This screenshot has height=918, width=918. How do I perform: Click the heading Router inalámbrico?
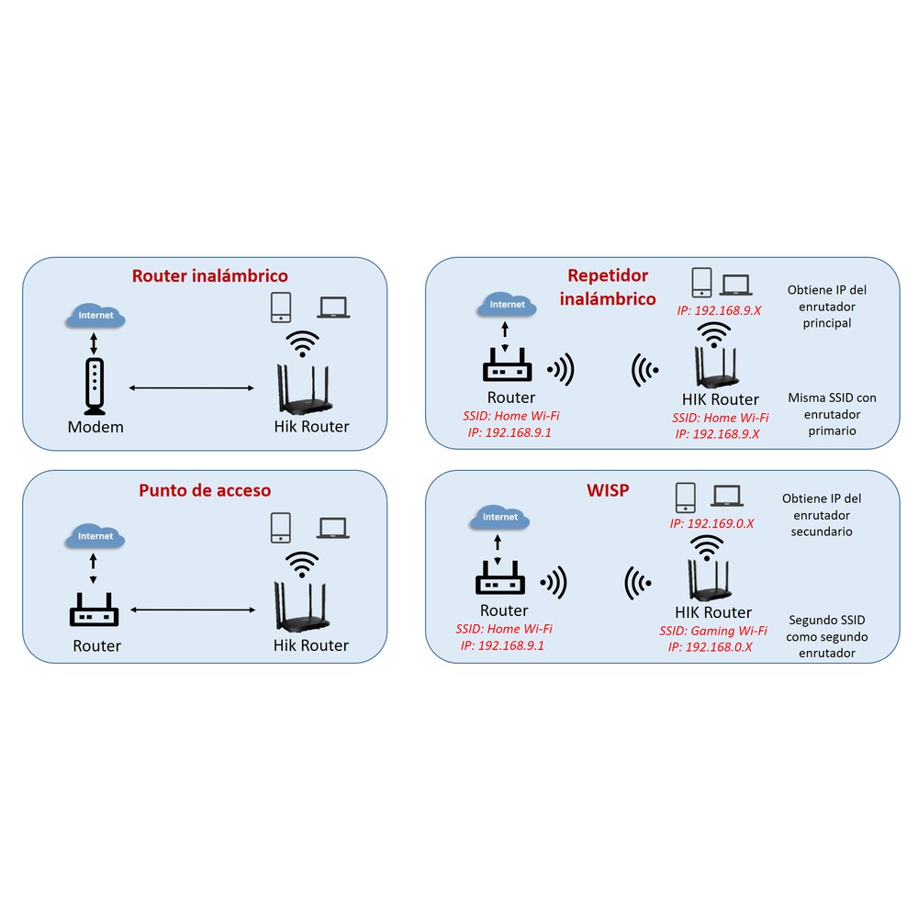[x=209, y=275]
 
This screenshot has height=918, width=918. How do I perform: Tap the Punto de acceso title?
[x=205, y=490]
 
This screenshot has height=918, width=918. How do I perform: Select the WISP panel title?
[x=608, y=490]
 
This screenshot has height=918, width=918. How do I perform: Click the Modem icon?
[x=95, y=386]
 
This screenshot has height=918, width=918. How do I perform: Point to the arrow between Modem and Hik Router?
[x=192, y=387]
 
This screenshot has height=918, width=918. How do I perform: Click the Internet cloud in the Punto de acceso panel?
[x=95, y=536]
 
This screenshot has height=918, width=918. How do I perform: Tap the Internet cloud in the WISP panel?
[x=499, y=518]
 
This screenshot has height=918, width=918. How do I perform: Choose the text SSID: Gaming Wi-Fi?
[x=713, y=631]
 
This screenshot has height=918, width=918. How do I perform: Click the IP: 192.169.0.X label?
[x=712, y=523]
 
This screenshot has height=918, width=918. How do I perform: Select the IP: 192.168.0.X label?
[x=711, y=647]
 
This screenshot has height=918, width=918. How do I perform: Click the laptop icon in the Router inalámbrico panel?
[x=333, y=308]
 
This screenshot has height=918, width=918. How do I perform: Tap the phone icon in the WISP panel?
[x=686, y=498]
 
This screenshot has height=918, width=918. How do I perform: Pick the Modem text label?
[x=95, y=427]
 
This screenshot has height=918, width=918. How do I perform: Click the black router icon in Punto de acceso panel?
[x=94, y=610]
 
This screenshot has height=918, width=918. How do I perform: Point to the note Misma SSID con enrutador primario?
[x=832, y=414]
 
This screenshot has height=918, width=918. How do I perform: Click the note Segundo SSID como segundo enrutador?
[x=827, y=636]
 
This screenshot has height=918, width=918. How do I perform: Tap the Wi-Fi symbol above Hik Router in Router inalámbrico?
[x=302, y=343]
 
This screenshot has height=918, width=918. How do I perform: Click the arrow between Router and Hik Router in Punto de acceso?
[x=193, y=610]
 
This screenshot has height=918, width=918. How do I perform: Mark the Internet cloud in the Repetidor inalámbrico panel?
[x=507, y=305]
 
